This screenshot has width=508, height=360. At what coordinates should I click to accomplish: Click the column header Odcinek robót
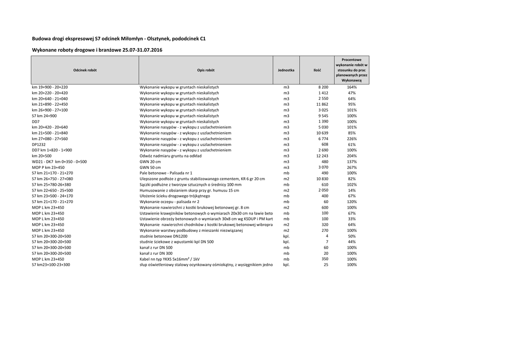click(85, 70)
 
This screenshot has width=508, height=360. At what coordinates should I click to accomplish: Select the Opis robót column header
click(205, 70)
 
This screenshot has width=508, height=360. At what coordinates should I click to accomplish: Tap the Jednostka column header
click(286, 70)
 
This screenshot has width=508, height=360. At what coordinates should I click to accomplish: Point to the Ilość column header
click(317, 70)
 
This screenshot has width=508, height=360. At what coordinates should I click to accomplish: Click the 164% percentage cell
click(352, 87)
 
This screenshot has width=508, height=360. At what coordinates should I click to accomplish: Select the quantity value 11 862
click(322, 104)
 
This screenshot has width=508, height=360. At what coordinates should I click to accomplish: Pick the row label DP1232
click(39, 144)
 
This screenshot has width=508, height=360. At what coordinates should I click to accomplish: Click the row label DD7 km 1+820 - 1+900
click(52, 150)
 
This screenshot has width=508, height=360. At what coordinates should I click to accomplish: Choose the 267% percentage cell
click(352, 167)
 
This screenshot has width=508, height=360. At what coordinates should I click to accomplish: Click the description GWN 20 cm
click(150, 161)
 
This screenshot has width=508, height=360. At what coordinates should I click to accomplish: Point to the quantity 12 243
click(322, 156)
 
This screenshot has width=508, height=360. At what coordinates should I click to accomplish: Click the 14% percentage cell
click(352, 190)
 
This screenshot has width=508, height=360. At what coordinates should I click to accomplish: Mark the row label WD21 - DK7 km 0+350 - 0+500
click(59, 161)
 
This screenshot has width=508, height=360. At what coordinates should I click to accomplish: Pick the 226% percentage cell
click(352, 139)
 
